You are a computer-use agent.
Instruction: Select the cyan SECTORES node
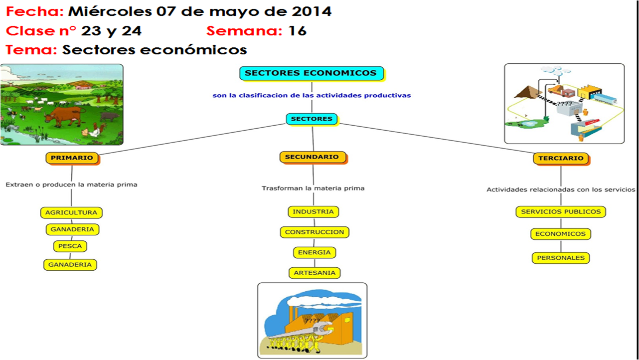point(312,119)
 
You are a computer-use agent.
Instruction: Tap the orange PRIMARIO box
point(72,158)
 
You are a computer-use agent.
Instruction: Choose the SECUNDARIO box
point(313,157)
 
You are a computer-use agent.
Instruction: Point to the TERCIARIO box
point(561,159)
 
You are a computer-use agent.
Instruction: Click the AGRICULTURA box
point(71,213)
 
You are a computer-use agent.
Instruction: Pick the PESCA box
point(70,246)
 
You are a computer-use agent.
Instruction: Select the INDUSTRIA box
point(313,212)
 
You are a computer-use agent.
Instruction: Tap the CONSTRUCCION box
point(315,232)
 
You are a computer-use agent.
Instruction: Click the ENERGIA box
point(315,253)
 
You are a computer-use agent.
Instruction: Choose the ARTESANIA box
point(315,273)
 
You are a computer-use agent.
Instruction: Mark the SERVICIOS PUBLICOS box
point(561,212)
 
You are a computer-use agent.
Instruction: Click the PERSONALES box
point(561,258)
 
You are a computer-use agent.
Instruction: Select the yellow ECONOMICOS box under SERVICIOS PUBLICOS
point(561,234)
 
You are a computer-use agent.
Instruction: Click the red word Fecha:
point(35,11)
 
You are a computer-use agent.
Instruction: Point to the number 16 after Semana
point(298,31)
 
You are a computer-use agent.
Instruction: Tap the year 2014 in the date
point(312,11)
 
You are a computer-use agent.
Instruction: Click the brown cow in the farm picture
point(65,116)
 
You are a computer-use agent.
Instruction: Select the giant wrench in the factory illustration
point(301,331)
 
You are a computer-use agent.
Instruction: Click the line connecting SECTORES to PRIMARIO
point(192,139)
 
